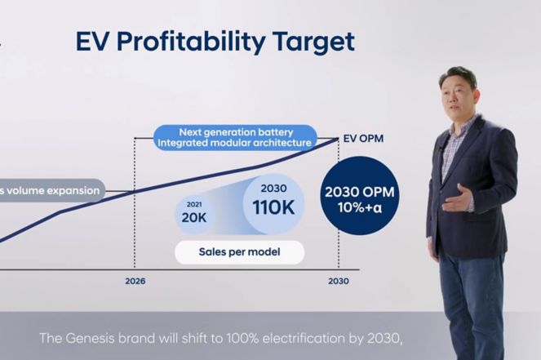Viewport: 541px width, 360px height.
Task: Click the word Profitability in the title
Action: (x=191, y=42)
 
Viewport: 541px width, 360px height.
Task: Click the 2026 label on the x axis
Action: (x=135, y=281)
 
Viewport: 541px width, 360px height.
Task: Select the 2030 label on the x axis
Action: (x=339, y=281)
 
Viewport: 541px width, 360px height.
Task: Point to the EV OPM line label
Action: (x=363, y=139)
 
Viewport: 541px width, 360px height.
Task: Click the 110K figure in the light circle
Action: (x=273, y=207)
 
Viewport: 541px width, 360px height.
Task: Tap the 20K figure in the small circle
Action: (x=194, y=217)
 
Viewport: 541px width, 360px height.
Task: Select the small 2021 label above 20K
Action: (x=194, y=204)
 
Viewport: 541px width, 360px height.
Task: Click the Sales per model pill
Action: (x=239, y=252)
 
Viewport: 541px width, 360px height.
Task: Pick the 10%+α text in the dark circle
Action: (x=360, y=207)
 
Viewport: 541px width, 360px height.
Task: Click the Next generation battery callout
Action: (x=235, y=137)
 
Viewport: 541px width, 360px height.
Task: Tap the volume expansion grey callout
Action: (x=51, y=190)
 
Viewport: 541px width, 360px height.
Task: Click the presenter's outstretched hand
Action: (x=456, y=199)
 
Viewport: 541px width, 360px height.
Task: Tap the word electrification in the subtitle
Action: (x=304, y=338)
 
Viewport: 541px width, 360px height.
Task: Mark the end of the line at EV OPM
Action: (x=338, y=139)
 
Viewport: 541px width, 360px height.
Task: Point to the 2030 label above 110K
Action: (x=273, y=188)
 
